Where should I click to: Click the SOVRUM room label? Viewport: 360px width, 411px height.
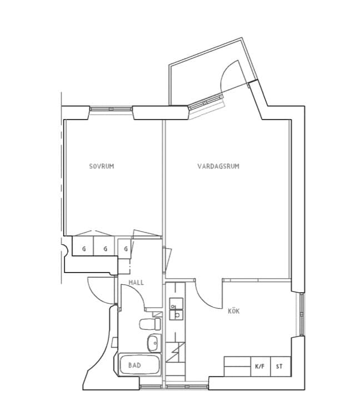coord(102,166)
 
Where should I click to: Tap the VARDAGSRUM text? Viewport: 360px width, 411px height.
coord(218,166)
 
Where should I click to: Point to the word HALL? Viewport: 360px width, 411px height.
coord(136,283)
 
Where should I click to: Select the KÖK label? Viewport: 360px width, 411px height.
coord(234,311)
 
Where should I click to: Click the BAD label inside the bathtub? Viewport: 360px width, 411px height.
coord(134,365)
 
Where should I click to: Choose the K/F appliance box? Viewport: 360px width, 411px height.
coord(260,367)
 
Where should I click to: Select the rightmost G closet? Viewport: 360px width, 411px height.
coord(125,249)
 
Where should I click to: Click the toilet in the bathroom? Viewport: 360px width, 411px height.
coord(151,324)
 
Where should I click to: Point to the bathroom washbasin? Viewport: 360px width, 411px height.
coord(154,343)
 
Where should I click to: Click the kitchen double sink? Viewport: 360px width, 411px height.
coord(176,309)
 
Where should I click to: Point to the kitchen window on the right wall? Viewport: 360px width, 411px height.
coord(302,314)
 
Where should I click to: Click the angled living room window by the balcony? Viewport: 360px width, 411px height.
coord(206,102)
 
